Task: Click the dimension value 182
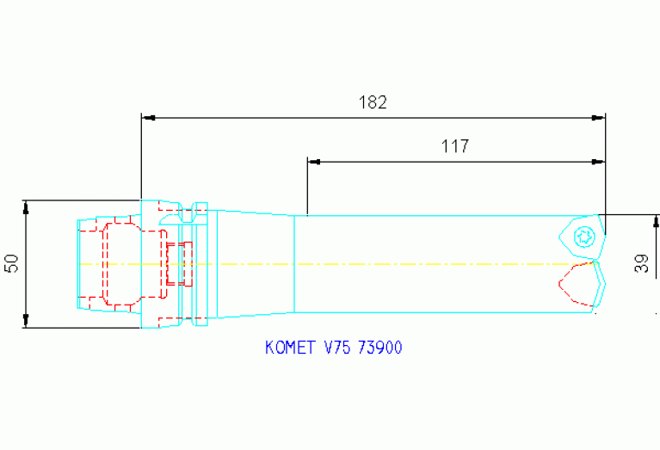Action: tap(373, 102)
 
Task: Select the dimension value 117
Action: tap(455, 146)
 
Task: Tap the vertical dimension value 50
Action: tap(12, 263)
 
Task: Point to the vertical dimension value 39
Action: tap(642, 263)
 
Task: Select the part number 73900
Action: tap(379, 348)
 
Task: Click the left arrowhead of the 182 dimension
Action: tap(147, 116)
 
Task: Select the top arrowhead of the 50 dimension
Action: tap(26, 207)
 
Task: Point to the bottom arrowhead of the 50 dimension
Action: tap(26, 322)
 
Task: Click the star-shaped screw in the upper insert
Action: tap(584, 235)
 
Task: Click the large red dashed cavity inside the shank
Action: tap(120, 263)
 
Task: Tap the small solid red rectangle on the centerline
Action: tap(180, 263)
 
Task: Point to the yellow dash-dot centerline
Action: tap(387, 263)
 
